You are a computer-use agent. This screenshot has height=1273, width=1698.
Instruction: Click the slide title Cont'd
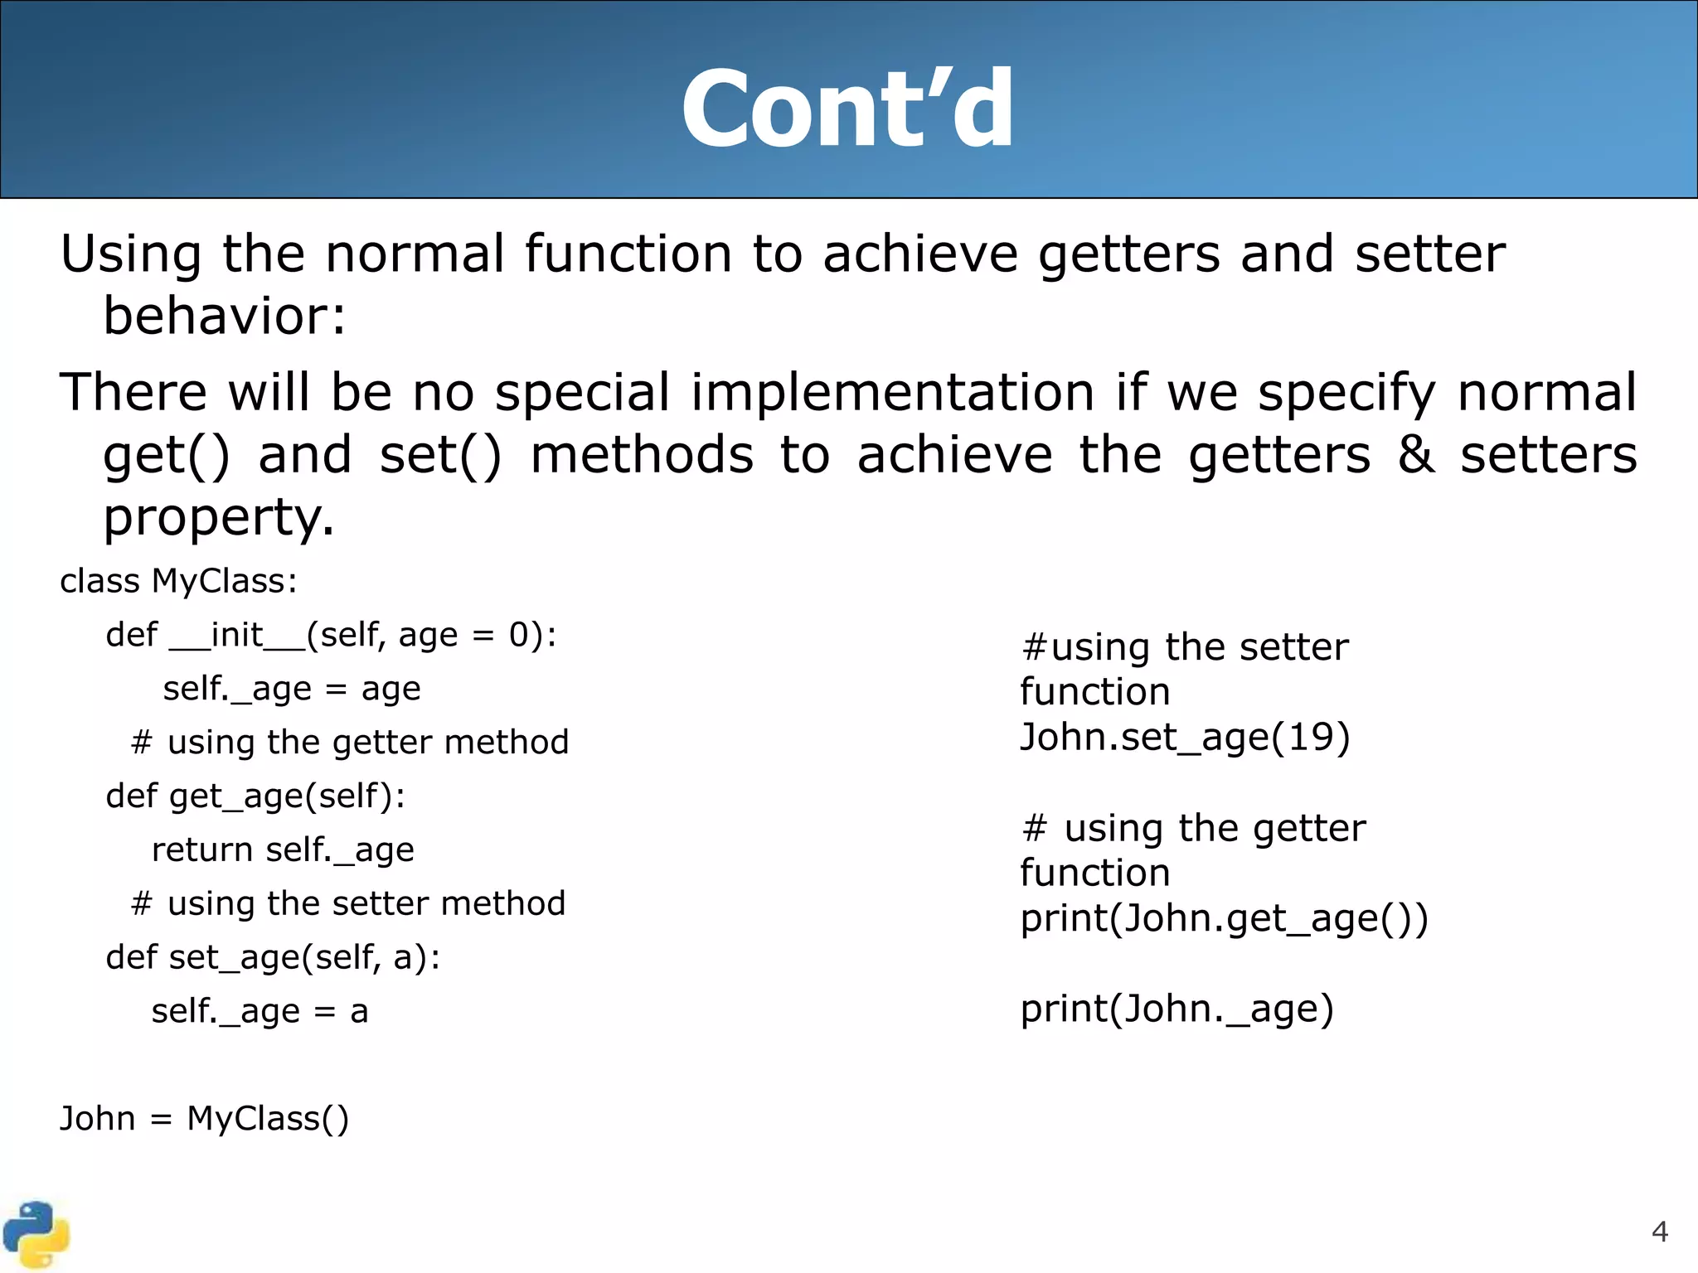847,109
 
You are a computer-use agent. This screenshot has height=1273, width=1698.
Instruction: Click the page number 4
1659,1232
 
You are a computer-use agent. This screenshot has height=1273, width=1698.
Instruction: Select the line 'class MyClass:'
178,581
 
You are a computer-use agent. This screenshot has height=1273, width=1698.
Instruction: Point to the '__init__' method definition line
331,635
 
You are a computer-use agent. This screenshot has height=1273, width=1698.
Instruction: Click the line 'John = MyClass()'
204,1119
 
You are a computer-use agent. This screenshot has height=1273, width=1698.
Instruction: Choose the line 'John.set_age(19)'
1185,737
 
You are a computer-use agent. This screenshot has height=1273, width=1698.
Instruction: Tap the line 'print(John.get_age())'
1224,918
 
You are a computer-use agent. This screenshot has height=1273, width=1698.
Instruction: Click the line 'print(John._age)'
1176,1009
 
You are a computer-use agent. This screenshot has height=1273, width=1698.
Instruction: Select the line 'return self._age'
283,849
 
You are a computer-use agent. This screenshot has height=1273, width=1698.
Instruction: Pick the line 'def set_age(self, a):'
273,957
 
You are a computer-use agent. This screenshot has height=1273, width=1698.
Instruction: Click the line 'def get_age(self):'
255,796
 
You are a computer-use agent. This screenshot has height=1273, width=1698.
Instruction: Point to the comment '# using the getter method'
349,742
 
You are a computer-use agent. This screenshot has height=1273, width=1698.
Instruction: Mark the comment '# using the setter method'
347,903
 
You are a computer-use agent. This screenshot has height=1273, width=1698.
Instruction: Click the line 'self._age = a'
260,1011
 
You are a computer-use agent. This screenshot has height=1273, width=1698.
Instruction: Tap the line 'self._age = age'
291,689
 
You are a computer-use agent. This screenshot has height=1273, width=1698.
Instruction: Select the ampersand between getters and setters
1415,455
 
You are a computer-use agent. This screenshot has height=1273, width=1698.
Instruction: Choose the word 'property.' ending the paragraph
219,518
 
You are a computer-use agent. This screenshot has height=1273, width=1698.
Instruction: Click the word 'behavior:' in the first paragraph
224,317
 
